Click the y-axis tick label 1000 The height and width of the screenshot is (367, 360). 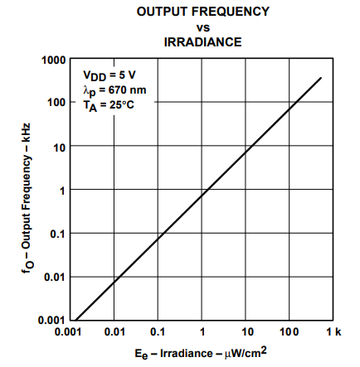(x=54, y=60)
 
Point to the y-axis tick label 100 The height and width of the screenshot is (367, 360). (x=57, y=103)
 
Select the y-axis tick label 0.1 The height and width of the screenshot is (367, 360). (x=57, y=234)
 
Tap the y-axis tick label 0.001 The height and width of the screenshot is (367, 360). (x=52, y=321)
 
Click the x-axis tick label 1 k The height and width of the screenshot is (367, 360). (x=333, y=331)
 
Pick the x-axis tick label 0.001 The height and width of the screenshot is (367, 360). (x=68, y=332)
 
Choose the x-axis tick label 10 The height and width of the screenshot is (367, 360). (x=247, y=332)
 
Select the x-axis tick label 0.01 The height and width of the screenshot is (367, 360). (x=114, y=332)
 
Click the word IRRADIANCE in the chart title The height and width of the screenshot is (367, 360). (x=202, y=42)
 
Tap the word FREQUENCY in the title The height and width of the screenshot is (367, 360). (x=230, y=12)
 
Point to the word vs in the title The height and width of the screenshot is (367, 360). (x=203, y=27)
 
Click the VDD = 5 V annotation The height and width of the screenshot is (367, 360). (x=109, y=75)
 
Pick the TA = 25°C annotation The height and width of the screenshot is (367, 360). (x=109, y=106)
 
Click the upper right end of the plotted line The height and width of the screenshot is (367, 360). (x=321, y=78)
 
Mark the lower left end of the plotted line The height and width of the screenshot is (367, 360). (x=75, y=321)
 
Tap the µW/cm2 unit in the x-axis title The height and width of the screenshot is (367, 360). (x=246, y=353)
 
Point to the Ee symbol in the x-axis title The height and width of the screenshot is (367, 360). (x=141, y=355)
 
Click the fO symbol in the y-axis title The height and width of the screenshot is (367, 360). (x=27, y=268)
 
